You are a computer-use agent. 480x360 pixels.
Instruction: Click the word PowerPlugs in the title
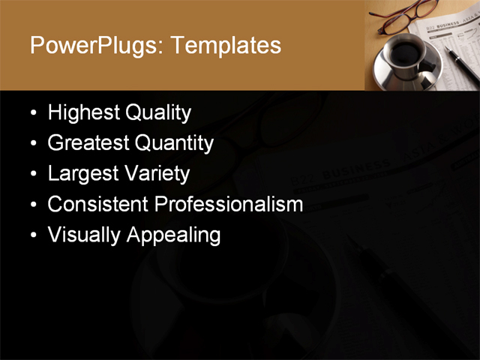[x=93, y=46]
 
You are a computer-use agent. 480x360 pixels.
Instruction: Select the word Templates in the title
[x=226, y=46]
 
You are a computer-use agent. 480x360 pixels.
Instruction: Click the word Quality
[x=158, y=113]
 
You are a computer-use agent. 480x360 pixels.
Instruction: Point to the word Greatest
[x=88, y=143]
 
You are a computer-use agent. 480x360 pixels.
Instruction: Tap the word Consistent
[x=98, y=204]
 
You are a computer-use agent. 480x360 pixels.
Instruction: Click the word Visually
[x=84, y=235]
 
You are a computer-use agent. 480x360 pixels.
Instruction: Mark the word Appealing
[x=173, y=235]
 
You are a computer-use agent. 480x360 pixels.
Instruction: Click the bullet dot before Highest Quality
[x=33, y=114]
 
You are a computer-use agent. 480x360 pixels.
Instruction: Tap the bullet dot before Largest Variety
[x=33, y=175]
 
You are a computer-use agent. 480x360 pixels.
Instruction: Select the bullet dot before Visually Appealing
[x=33, y=235]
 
